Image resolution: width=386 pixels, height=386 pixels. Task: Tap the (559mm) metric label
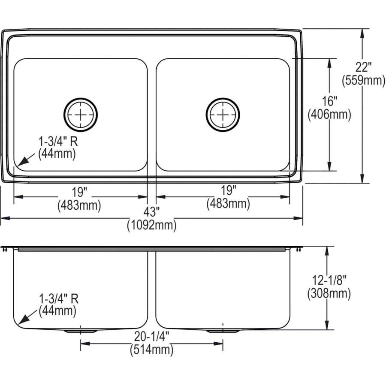pyautogui.click(x=363, y=80)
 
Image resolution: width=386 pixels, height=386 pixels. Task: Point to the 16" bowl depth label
pyautogui.click(x=329, y=102)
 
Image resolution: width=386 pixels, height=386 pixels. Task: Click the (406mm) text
pyautogui.click(x=329, y=114)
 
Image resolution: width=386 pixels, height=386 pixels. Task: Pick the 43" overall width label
pyautogui.click(x=151, y=211)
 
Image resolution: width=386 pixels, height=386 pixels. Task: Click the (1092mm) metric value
pyautogui.click(x=151, y=225)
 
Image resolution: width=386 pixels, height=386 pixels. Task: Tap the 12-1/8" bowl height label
pyautogui.click(x=329, y=280)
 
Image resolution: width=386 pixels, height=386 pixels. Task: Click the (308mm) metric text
pyautogui.click(x=329, y=293)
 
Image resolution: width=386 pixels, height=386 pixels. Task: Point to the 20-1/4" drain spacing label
pyautogui.click(x=151, y=337)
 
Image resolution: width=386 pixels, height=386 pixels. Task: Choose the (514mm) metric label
pyautogui.click(x=151, y=350)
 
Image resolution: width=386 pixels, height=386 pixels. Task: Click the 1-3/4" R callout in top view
pyautogui.click(x=58, y=141)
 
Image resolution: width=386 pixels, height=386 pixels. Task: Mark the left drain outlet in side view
pyautogui.click(x=81, y=331)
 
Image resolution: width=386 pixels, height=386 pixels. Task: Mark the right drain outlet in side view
pyautogui.click(x=223, y=331)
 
